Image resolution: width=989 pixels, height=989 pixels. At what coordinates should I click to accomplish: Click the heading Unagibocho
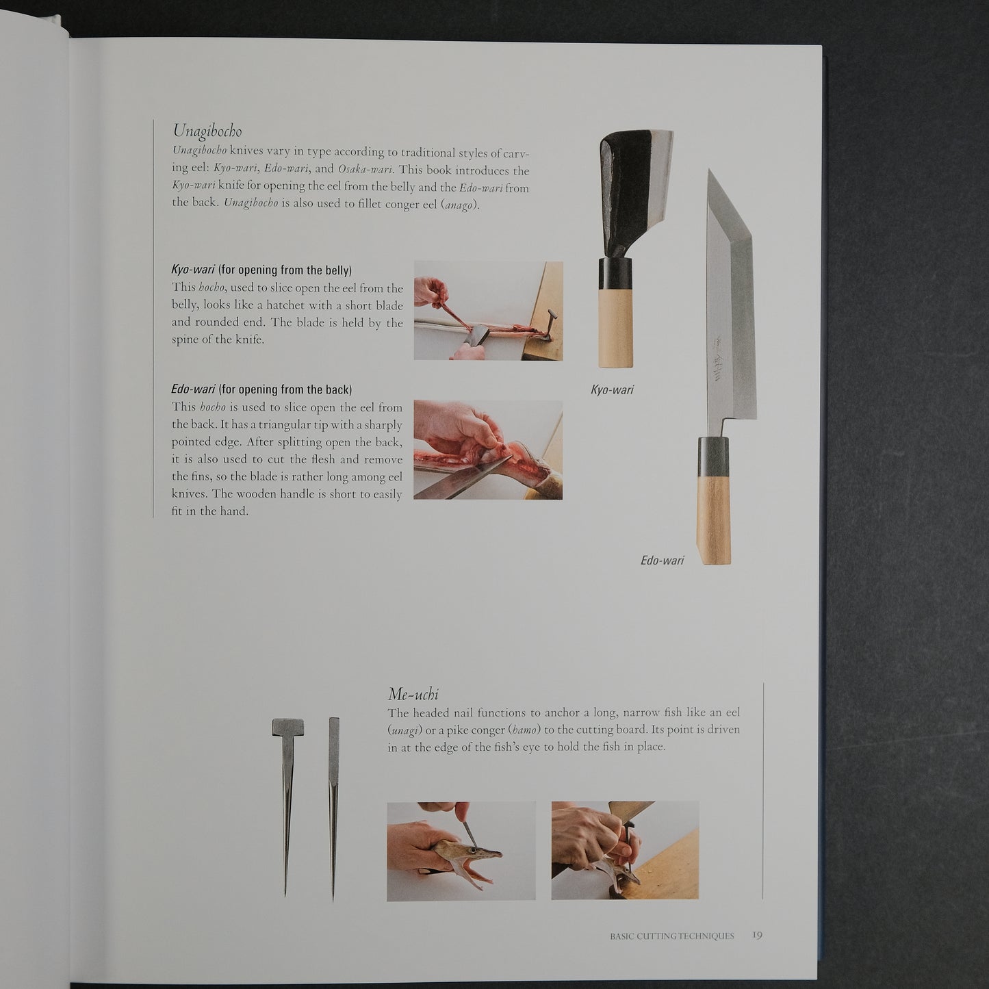[207, 131]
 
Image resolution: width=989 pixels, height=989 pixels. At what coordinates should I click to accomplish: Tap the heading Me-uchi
[413, 695]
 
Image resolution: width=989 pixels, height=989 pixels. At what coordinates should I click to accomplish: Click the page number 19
[757, 935]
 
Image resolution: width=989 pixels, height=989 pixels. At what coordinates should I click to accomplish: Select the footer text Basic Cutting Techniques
[672, 936]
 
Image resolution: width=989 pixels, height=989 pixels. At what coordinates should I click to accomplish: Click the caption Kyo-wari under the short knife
[612, 389]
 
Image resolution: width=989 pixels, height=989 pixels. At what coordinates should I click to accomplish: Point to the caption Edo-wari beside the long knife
[662, 561]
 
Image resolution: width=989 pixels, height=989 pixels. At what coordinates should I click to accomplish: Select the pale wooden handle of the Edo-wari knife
[713, 517]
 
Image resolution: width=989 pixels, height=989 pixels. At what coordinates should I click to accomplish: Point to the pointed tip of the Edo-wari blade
[709, 170]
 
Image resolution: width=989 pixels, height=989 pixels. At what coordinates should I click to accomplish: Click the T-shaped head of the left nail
[287, 728]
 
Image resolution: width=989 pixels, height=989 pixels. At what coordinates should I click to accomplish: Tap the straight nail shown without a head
[333, 808]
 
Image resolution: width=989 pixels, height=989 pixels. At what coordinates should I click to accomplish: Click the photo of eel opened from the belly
[488, 311]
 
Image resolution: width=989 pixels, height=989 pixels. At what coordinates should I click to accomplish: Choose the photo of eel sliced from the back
[488, 450]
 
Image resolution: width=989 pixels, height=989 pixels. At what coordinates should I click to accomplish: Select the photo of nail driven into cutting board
[625, 850]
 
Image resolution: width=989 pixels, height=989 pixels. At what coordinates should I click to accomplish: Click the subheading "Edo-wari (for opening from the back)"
[261, 389]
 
